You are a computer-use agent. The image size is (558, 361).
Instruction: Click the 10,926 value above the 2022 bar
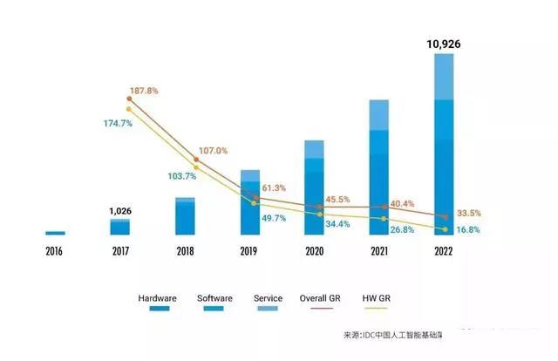coord(444,43)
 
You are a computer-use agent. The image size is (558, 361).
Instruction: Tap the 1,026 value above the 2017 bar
coord(120,210)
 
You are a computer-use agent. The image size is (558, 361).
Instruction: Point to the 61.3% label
coord(274,188)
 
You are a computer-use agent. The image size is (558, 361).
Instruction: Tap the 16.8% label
coord(469,230)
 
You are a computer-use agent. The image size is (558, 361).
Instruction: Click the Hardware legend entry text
coord(157,298)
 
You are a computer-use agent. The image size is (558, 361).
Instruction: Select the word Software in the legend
coord(215,298)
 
